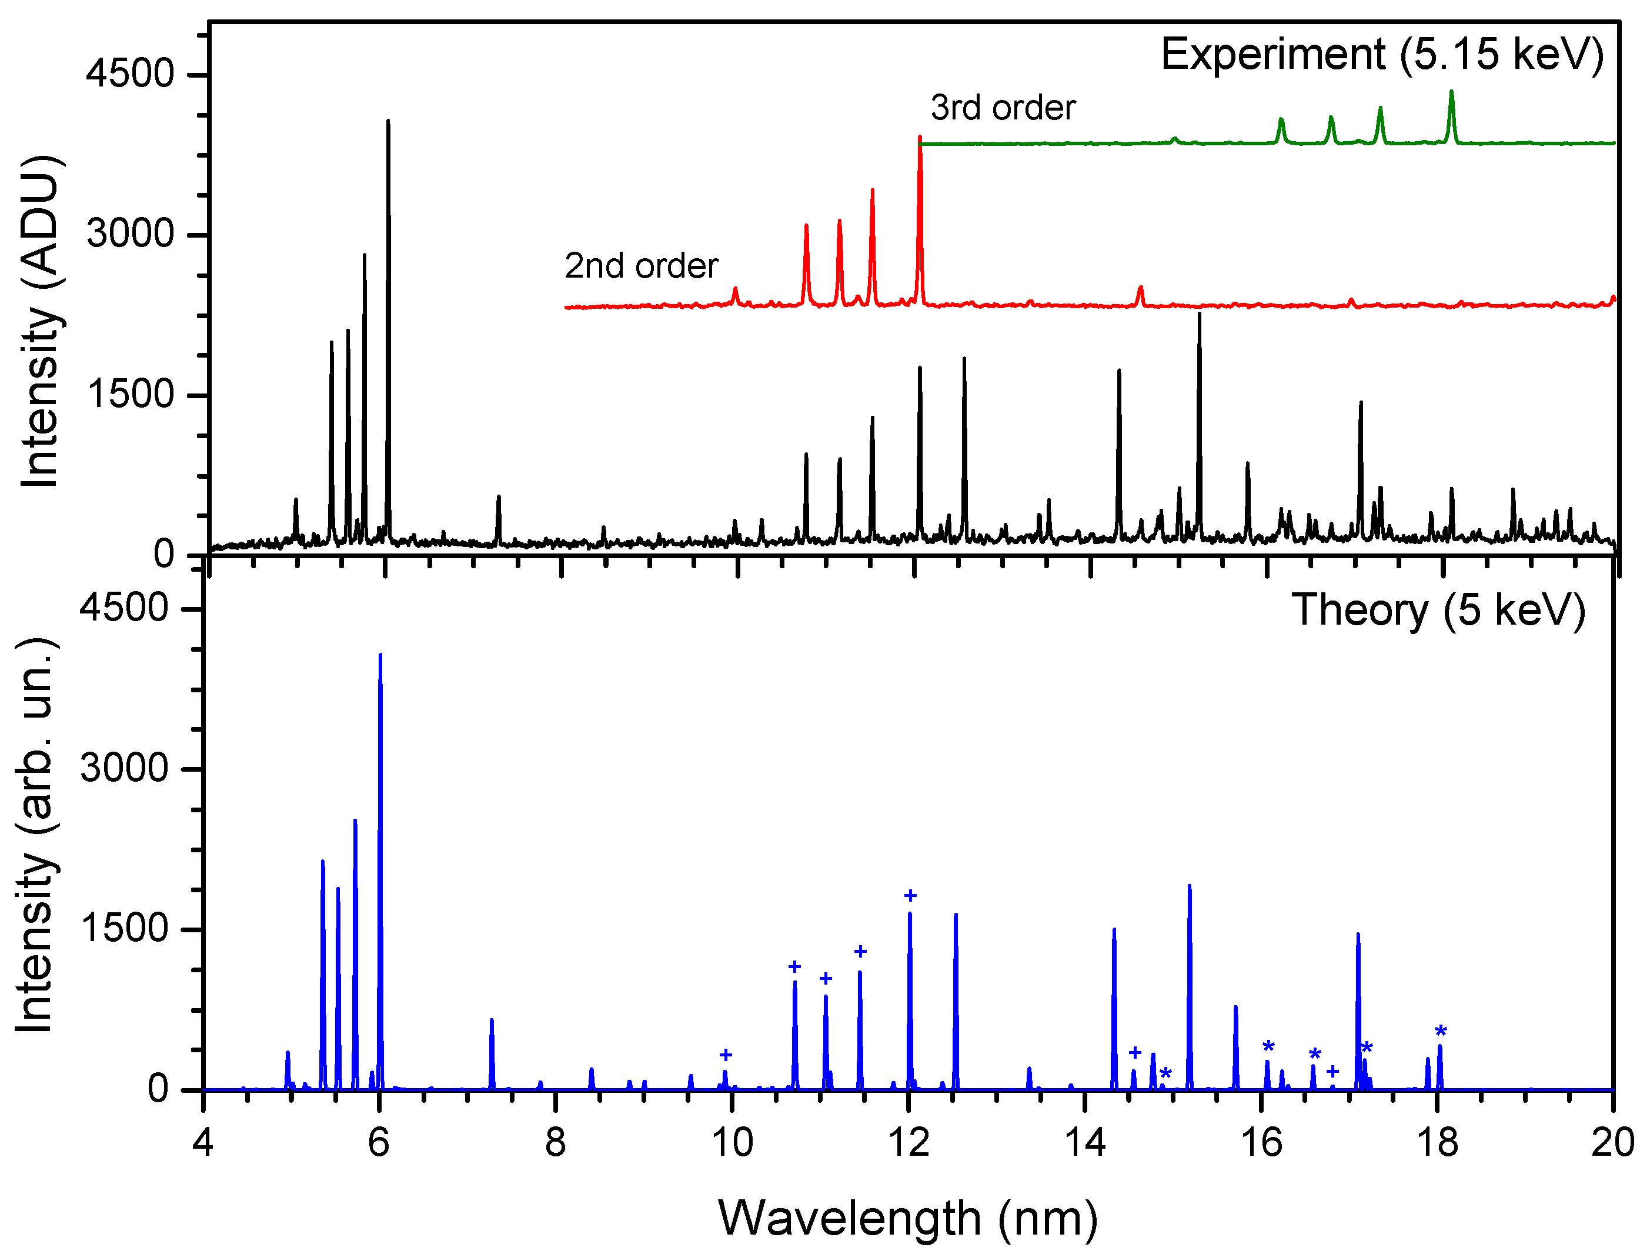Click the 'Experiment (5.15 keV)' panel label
point(1382,55)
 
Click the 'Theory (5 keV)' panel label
point(1438,610)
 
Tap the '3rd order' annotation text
point(1002,108)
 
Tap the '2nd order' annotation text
point(641,266)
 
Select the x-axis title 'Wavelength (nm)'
point(907,1218)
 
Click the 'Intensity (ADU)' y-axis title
point(41,321)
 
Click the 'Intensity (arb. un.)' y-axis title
point(36,836)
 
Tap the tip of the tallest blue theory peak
point(380,655)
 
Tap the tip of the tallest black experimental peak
point(388,121)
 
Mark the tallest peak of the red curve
point(920,138)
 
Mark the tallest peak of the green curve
point(1451,92)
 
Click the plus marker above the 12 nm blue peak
point(910,896)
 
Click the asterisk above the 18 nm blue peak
point(1441,1032)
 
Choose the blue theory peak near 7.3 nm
point(492,1021)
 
